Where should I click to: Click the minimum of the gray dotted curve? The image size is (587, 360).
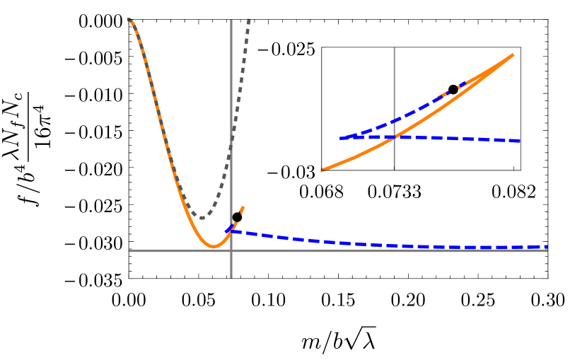pyautogui.click(x=202, y=218)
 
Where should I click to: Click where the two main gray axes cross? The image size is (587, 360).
pyautogui.click(x=231, y=250)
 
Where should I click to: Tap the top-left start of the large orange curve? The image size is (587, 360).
pyautogui.click(x=129, y=19)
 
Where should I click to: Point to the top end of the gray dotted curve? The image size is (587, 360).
pyautogui.click(x=249, y=19)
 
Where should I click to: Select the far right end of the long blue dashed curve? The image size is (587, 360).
pyautogui.click(x=547, y=246)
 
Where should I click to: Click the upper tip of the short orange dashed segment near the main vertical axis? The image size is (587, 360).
pyautogui.click(x=243, y=207)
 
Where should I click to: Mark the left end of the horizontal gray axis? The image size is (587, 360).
pyautogui.click(x=129, y=250)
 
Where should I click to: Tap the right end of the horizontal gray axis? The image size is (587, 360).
pyautogui.click(x=547, y=250)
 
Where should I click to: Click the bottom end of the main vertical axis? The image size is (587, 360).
pyautogui.click(x=231, y=277)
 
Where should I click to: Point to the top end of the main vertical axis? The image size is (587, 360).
pyautogui.click(x=231, y=20)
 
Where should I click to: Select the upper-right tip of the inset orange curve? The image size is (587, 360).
pyautogui.click(x=513, y=54)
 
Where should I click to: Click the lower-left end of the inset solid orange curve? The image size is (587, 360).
pyautogui.click(x=322, y=170)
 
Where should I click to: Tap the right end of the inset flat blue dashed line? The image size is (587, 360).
pyautogui.click(x=520, y=141)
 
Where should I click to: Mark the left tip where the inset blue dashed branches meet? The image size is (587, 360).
pyautogui.click(x=340, y=138)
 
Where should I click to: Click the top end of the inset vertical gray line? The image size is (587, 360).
pyautogui.click(x=394, y=48)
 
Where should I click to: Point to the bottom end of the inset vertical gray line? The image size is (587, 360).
pyautogui.click(x=394, y=170)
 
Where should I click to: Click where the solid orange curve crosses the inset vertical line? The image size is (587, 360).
pyautogui.click(x=394, y=137)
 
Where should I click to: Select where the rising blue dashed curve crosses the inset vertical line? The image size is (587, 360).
pyautogui.click(x=394, y=120)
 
